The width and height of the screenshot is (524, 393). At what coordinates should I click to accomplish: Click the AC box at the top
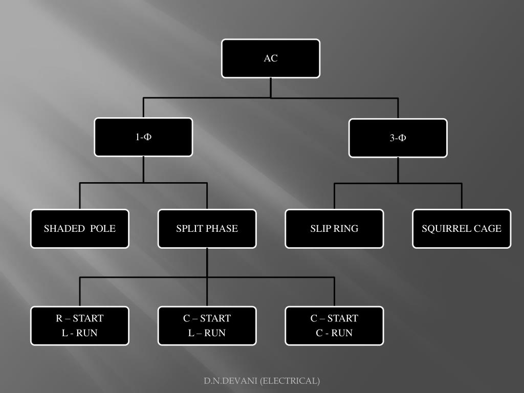(271, 58)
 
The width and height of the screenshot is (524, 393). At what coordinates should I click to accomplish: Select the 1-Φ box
(143, 137)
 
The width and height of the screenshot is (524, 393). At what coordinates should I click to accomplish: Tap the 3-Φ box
(398, 138)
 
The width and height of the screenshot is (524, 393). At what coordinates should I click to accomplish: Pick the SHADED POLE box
(80, 229)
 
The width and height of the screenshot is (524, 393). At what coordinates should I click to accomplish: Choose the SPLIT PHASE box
(207, 229)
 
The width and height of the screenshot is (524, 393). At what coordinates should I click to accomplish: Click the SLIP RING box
(334, 229)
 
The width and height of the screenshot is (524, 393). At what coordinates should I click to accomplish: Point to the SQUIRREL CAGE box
(462, 229)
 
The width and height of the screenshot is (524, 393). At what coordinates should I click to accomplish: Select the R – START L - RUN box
(80, 325)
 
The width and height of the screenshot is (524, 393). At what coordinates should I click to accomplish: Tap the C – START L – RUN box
(207, 325)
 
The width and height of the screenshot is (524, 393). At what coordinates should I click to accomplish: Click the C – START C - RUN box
(334, 325)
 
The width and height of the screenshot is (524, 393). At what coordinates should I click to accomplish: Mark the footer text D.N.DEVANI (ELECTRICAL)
(262, 381)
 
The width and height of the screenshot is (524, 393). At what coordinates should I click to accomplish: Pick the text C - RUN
(334, 333)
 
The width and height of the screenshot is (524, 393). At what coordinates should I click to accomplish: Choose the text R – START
(80, 318)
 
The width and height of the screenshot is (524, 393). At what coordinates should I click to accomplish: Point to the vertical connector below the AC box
(271, 88)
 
